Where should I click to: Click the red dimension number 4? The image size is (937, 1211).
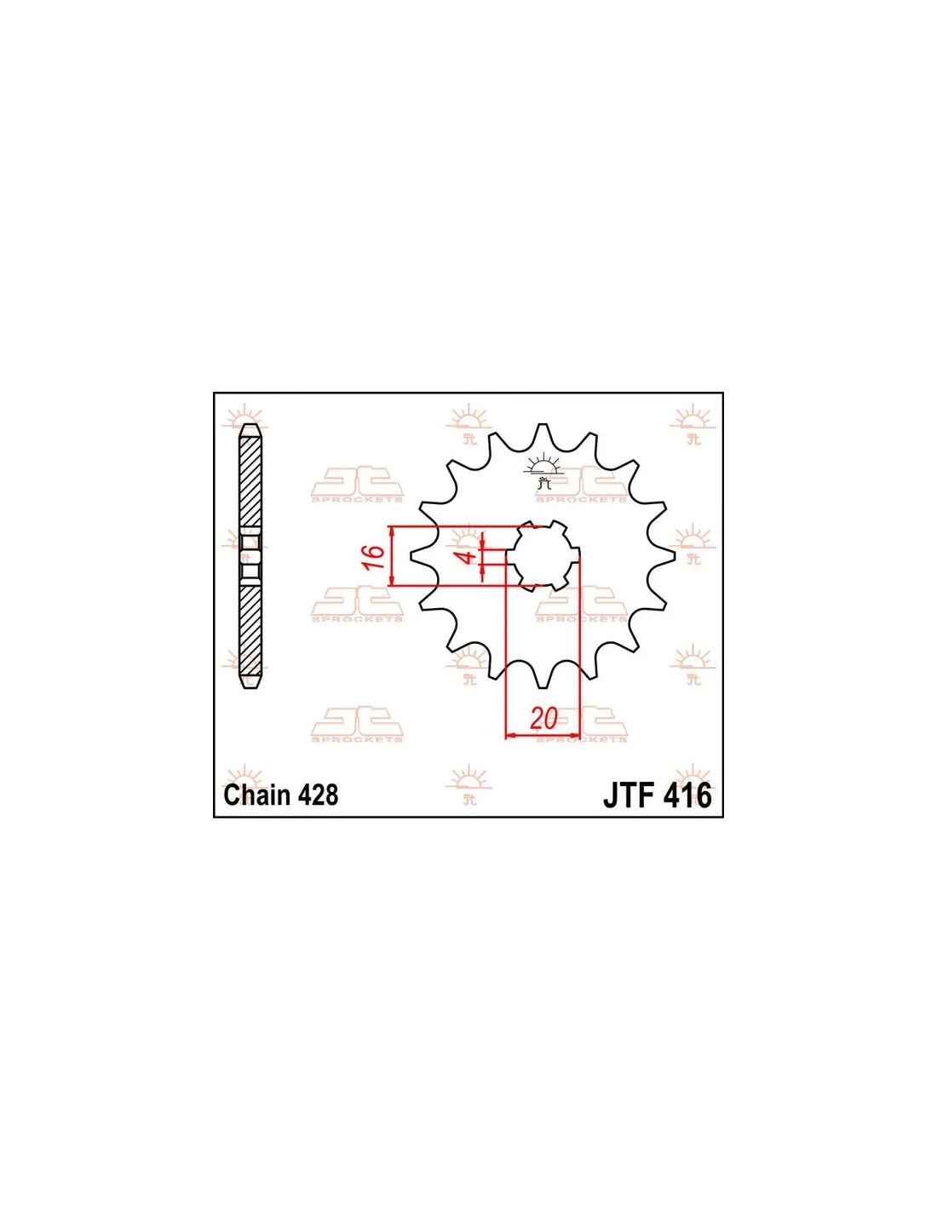[470, 556]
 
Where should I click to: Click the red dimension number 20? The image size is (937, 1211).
[544, 719]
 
